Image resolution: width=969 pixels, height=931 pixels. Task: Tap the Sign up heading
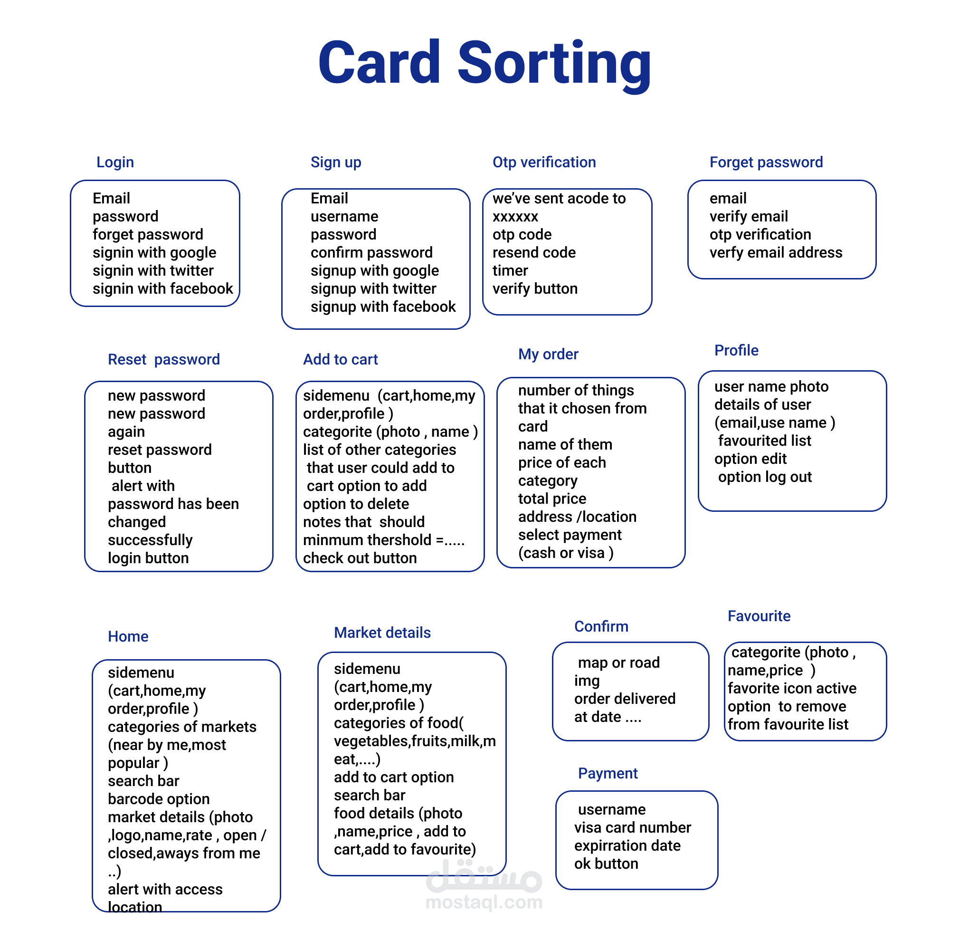click(x=336, y=162)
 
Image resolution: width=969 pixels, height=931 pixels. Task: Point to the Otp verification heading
click(x=544, y=162)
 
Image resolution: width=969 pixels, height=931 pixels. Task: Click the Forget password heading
click(x=766, y=162)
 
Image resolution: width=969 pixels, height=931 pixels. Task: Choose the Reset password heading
click(x=164, y=359)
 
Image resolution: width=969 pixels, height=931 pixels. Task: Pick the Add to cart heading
click(x=340, y=359)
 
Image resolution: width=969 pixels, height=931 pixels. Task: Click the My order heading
click(x=548, y=354)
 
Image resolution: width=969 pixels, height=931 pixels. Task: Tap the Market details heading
click(x=382, y=633)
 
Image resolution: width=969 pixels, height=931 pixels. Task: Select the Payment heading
click(x=608, y=773)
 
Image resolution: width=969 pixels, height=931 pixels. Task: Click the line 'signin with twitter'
click(x=153, y=270)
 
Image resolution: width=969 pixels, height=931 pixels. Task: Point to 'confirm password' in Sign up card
click(x=371, y=253)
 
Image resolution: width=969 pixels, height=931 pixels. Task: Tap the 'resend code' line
click(x=534, y=253)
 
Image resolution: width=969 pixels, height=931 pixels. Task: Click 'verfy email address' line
click(x=776, y=253)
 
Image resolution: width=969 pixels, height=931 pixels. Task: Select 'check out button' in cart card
click(x=360, y=558)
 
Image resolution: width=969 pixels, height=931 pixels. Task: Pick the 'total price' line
click(x=552, y=499)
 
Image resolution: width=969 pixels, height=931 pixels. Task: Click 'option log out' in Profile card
click(x=765, y=477)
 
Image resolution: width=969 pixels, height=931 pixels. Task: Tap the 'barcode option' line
click(x=159, y=799)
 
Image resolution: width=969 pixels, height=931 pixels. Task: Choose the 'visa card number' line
click(x=632, y=827)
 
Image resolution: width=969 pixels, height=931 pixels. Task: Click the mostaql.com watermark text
click(x=484, y=902)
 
